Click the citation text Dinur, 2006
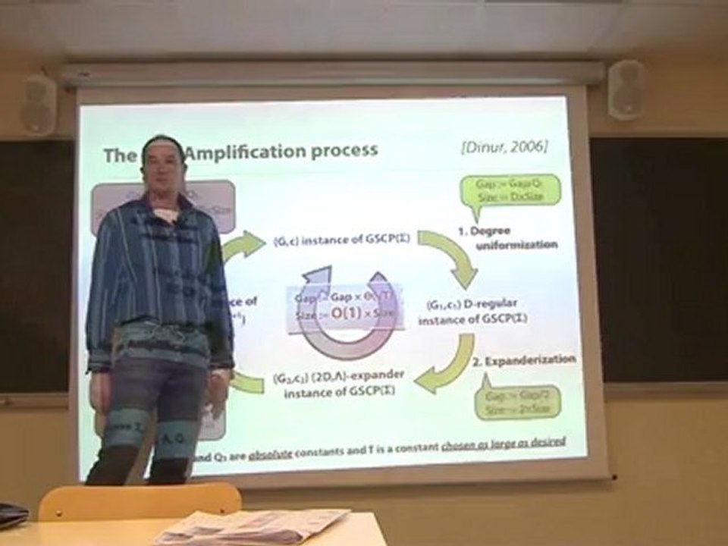[504, 146]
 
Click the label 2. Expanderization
[524, 359]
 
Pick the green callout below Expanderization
[518, 403]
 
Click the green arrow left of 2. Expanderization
[447, 366]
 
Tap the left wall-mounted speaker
[38, 105]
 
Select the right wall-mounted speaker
[626, 90]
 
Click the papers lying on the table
[250, 527]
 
